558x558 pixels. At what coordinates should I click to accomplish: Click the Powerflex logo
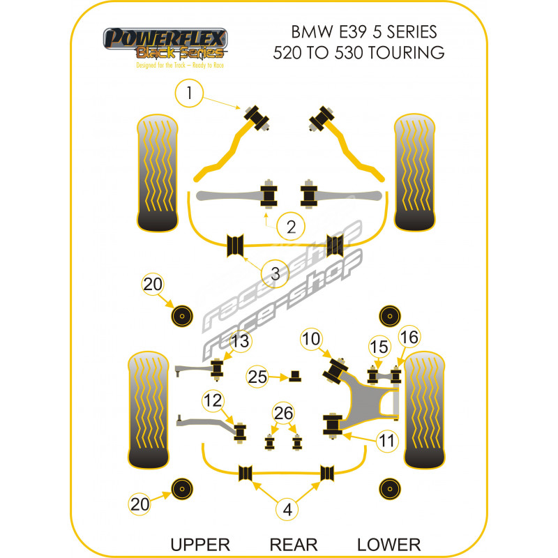coord(165,45)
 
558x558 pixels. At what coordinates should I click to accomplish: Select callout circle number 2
coord(290,225)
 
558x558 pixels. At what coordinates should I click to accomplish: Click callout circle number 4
coord(287,510)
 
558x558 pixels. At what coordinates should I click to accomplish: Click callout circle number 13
coord(239,341)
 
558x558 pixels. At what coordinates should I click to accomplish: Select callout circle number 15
coord(378,347)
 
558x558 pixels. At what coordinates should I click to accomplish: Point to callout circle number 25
coord(257,377)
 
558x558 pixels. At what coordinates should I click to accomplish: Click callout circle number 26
coord(284,414)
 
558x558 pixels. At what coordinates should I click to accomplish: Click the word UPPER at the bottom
coord(201,544)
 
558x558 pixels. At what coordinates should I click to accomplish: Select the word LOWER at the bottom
coord(389,544)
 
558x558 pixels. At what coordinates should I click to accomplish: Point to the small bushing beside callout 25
coord(296,376)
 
